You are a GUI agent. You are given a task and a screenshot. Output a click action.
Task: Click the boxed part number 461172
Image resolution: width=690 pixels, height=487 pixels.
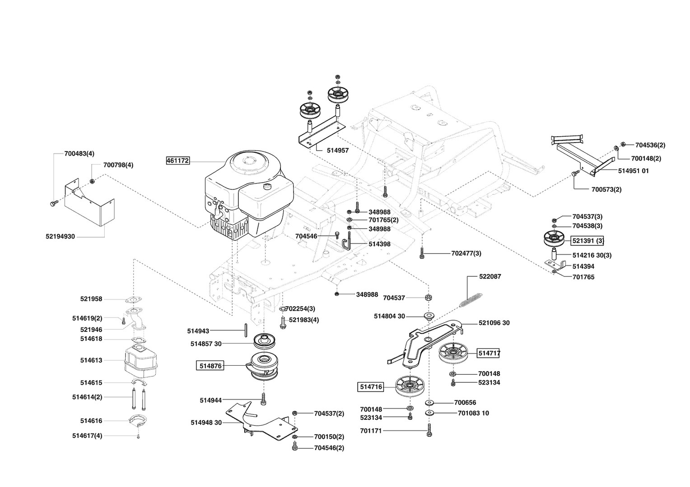[x=178, y=161]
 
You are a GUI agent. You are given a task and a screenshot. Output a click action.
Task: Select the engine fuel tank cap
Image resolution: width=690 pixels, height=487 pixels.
[x=269, y=186]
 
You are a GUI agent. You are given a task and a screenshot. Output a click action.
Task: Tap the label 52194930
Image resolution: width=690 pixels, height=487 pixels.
[x=60, y=236]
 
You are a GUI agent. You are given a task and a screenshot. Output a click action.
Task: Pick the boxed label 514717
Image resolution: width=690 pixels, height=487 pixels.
[x=489, y=354]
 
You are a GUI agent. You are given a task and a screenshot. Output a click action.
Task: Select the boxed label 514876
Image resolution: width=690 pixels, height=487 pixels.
[x=210, y=366]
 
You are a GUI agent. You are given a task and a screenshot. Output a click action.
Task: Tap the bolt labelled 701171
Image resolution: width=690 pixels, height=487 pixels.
[x=429, y=431]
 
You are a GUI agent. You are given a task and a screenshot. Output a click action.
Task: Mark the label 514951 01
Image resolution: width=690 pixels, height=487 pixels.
[x=633, y=171]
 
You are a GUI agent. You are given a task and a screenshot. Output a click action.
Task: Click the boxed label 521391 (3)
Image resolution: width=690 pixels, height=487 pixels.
[x=587, y=241]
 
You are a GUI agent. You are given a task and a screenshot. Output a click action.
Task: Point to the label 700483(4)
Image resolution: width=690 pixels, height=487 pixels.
[x=79, y=153]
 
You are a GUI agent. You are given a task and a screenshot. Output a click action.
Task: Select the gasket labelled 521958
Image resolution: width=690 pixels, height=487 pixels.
[x=132, y=299]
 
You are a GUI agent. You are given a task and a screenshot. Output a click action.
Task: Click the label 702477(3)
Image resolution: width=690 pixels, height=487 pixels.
[x=466, y=253]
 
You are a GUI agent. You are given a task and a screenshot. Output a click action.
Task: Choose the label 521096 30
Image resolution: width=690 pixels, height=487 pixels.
[x=494, y=323]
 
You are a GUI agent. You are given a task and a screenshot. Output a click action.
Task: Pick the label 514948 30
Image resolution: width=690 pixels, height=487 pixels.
[x=206, y=423]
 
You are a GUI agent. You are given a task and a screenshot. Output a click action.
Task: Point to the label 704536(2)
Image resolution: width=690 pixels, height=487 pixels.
[x=650, y=145]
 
